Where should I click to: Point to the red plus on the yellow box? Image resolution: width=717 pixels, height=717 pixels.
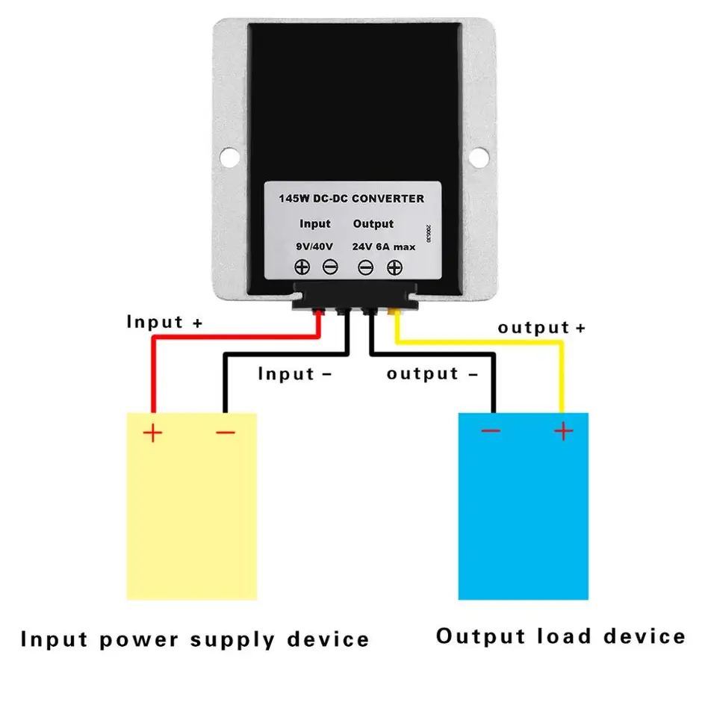pyautogui.click(x=153, y=432)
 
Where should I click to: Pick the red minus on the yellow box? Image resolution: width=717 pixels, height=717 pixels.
pyautogui.click(x=225, y=432)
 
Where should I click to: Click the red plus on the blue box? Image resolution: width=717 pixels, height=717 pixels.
pyautogui.click(x=563, y=431)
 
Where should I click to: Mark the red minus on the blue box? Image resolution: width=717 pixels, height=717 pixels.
pyautogui.click(x=491, y=431)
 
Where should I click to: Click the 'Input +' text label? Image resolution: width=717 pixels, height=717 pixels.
pyautogui.click(x=164, y=322)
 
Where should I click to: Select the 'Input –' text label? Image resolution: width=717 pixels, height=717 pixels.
pyautogui.click(x=294, y=373)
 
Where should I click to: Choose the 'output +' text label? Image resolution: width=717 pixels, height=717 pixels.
pyautogui.click(x=541, y=327)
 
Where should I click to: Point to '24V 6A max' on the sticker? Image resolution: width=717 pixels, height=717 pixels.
pyautogui.click(x=383, y=246)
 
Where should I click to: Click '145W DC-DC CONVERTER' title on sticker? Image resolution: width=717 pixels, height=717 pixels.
pyautogui.click(x=351, y=199)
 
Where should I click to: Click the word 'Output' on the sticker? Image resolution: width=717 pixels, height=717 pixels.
pyautogui.click(x=373, y=223)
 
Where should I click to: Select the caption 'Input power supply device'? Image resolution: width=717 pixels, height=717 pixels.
pyautogui.click(x=194, y=639)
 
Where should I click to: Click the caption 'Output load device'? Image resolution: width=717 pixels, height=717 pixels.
pyautogui.click(x=560, y=636)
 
